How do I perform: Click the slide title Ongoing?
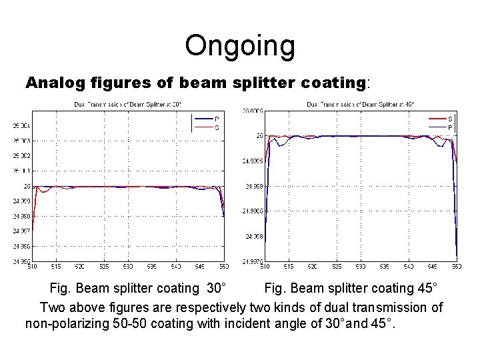pos(239,46)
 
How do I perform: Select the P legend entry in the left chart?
pos(217,119)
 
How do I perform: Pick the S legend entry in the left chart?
pos(217,127)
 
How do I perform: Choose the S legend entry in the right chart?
pos(450,119)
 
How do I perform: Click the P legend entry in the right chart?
pos(450,127)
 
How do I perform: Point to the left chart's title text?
pos(127,104)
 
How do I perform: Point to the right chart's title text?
pos(361,104)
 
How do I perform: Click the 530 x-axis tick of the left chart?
pos(127,267)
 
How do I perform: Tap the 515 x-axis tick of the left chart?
pos(56,267)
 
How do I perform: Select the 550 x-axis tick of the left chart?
pos(223,267)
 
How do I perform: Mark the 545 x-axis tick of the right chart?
pos(432,267)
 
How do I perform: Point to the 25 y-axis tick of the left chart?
pos(27,186)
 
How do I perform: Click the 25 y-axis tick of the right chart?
pos(259,135)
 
